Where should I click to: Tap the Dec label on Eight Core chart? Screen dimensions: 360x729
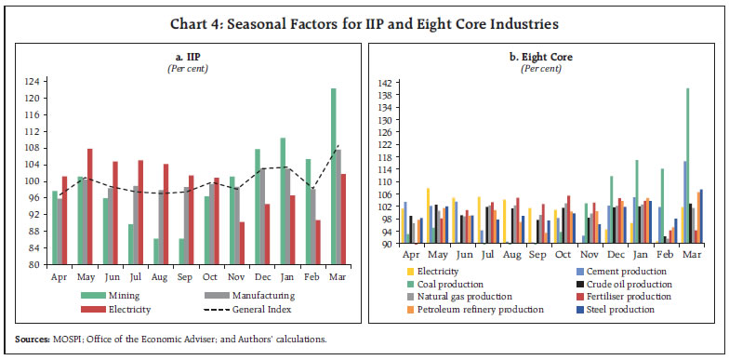coord(615,256)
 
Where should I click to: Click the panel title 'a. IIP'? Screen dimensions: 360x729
coord(192,59)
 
